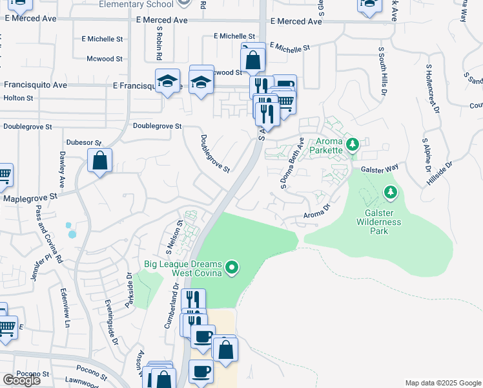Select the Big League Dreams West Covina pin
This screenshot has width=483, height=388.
click(234, 267)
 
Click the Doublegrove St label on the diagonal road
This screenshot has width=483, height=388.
click(215, 154)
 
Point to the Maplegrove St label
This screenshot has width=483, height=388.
click(31, 197)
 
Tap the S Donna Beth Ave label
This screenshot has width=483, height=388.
click(291, 164)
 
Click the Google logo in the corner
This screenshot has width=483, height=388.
click(21, 380)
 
